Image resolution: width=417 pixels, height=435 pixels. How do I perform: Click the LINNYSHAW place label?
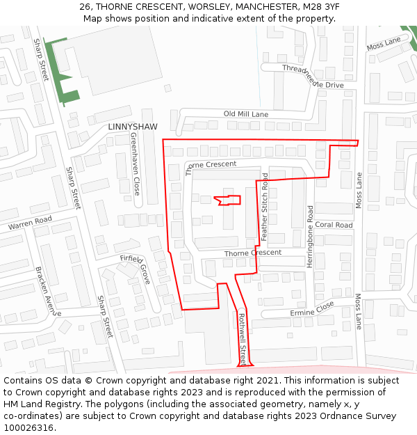(133, 127)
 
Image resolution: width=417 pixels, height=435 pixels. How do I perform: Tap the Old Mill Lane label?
(245, 113)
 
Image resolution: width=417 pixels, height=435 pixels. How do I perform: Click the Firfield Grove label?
(136, 268)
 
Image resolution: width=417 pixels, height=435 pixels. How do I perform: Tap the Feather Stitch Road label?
(265, 207)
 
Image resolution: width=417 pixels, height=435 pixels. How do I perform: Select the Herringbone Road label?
(310, 232)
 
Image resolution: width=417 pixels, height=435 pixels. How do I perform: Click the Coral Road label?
(334, 225)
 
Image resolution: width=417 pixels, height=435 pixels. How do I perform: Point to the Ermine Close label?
(312, 309)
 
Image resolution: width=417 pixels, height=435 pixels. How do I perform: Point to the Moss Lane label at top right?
(384, 44)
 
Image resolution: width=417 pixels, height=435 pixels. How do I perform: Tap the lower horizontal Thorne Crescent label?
(252, 253)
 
